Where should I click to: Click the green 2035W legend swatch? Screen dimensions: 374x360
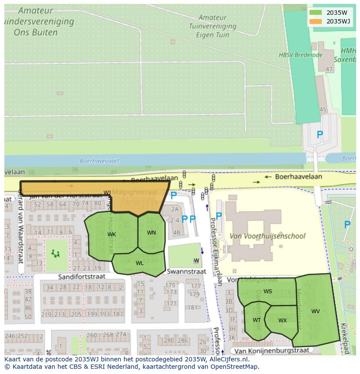pyautogui.click(x=316, y=13)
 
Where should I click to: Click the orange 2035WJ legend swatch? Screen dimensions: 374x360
pyautogui.click(x=316, y=21)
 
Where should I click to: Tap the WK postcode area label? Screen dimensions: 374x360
pyautogui.click(x=112, y=235)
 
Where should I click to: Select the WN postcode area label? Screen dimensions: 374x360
pyautogui.click(x=151, y=233)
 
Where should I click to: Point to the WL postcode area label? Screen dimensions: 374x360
pyautogui.click(x=140, y=263)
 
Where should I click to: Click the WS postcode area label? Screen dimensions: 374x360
pyautogui.click(x=268, y=291)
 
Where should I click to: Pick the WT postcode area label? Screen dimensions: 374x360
pyautogui.click(x=257, y=320)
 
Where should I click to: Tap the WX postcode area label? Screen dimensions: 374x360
pyautogui.click(x=283, y=321)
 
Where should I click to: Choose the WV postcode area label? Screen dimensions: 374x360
pyautogui.click(x=316, y=311)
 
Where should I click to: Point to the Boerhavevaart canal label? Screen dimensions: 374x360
pyautogui.click(x=100, y=161)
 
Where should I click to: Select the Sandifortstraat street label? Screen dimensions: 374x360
pyautogui.click(x=82, y=277)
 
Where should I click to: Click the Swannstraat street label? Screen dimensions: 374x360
pyautogui.click(x=187, y=271)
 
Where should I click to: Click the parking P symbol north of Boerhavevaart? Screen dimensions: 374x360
pyautogui.click(x=320, y=135)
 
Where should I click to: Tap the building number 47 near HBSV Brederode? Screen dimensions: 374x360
pyautogui.click(x=329, y=70)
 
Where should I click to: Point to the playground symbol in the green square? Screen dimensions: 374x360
pyautogui.click(x=55, y=253)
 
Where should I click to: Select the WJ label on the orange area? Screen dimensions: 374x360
pyautogui.click(x=107, y=193)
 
